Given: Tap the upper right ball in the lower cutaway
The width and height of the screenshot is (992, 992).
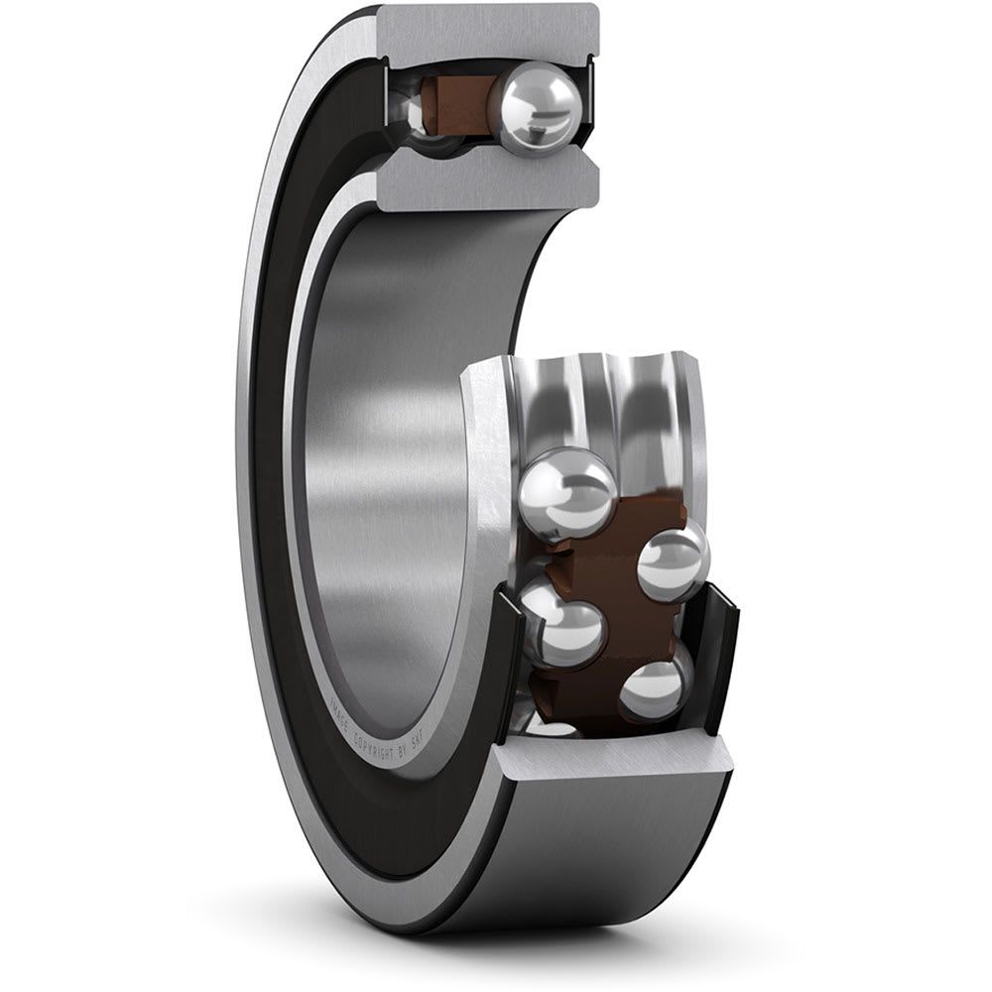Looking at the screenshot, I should [673, 561].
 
